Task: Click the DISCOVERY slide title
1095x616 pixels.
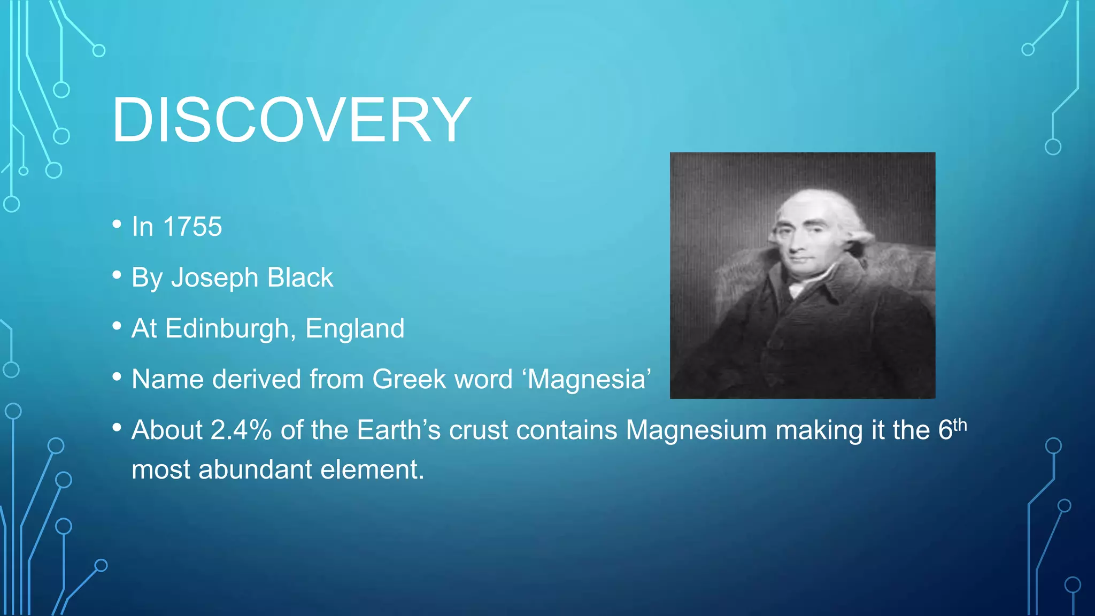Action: (x=291, y=121)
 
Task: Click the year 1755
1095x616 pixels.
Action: (x=192, y=227)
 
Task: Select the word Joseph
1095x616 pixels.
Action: (x=214, y=278)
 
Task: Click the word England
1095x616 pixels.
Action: (x=354, y=328)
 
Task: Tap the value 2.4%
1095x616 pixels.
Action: (x=241, y=430)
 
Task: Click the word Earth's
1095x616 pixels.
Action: (x=398, y=430)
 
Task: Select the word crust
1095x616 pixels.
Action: (x=478, y=430)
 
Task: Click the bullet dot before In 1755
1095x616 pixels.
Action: (x=117, y=225)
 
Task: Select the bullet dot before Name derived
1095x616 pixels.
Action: (x=117, y=377)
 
